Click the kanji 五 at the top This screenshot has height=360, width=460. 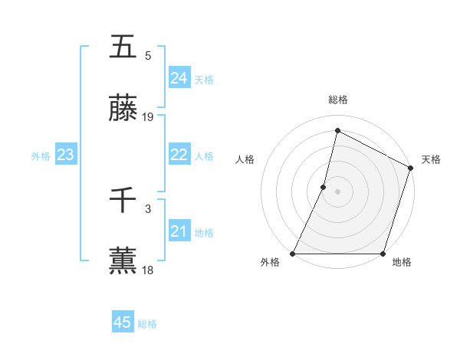click(x=123, y=47)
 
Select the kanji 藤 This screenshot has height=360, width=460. click(x=123, y=110)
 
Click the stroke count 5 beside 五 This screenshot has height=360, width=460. click(x=148, y=56)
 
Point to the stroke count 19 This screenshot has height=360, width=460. click(x=148, y=117)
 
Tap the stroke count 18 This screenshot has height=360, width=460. click(x=148, y=270)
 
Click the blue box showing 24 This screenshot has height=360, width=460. click(x=179, y=78)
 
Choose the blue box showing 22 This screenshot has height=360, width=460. click(x=179, y=155)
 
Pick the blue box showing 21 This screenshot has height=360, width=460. click(x=179, y=231)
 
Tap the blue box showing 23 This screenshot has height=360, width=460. click(x=66, y=155)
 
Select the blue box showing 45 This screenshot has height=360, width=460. click(x=123, y=322)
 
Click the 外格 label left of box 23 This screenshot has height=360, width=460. click(x=41, y=156)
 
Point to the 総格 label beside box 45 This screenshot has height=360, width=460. click(x=147, y=324)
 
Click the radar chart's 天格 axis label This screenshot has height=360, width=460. click(x=431, y=160)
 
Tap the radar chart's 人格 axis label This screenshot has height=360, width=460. click(x=245, y=160)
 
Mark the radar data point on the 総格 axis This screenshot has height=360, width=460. click(x=337, y=131)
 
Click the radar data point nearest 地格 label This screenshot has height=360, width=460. click(x=383, y=254)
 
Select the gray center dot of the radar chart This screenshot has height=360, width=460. click(x=337, y=191)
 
